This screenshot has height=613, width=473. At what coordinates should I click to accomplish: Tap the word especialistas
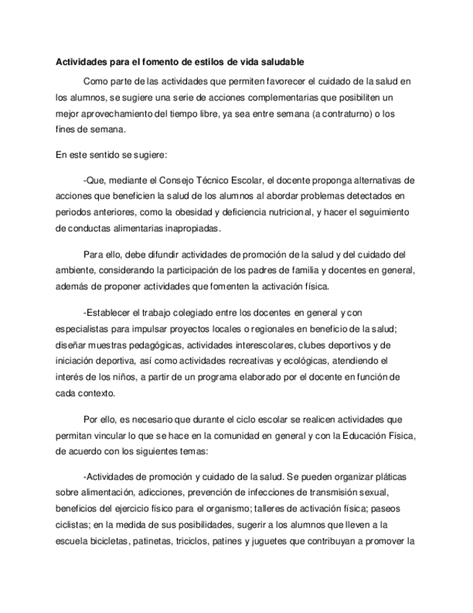pos(79,327)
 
